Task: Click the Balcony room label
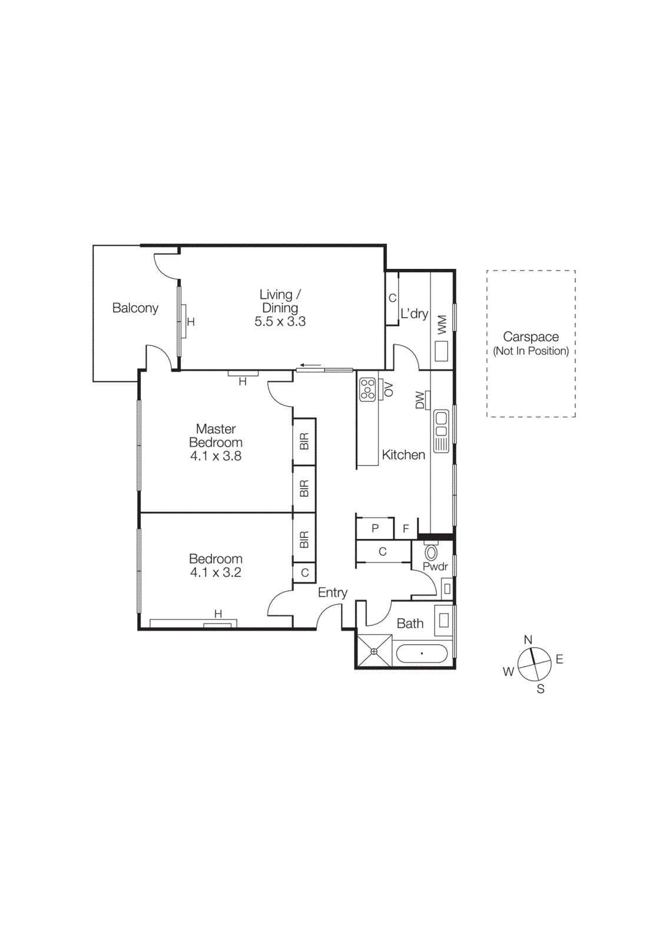click(135, 308)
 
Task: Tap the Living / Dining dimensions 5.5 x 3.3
click(280, 322)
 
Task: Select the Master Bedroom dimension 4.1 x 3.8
click(216, 456)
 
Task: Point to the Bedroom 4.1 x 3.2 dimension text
click(216, 573)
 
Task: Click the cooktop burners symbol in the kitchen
click(367, 390)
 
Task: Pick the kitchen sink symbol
click(441, 431)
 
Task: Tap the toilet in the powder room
click(431, 552)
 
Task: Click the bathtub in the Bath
click(422, 654)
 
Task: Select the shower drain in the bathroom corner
click(374, 651)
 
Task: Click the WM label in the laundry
click(442, 325)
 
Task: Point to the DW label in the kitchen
click(420, 400)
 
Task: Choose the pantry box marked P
click(375, 529)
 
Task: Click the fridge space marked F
click(406, 529)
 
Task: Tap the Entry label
click(332, 593)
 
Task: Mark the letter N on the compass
click(528, 640)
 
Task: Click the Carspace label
click(531, 337)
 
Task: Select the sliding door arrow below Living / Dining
click(310, 365)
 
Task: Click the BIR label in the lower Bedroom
click(304, 540)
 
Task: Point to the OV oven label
click(388, 389)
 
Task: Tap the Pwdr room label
click(435, 567)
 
